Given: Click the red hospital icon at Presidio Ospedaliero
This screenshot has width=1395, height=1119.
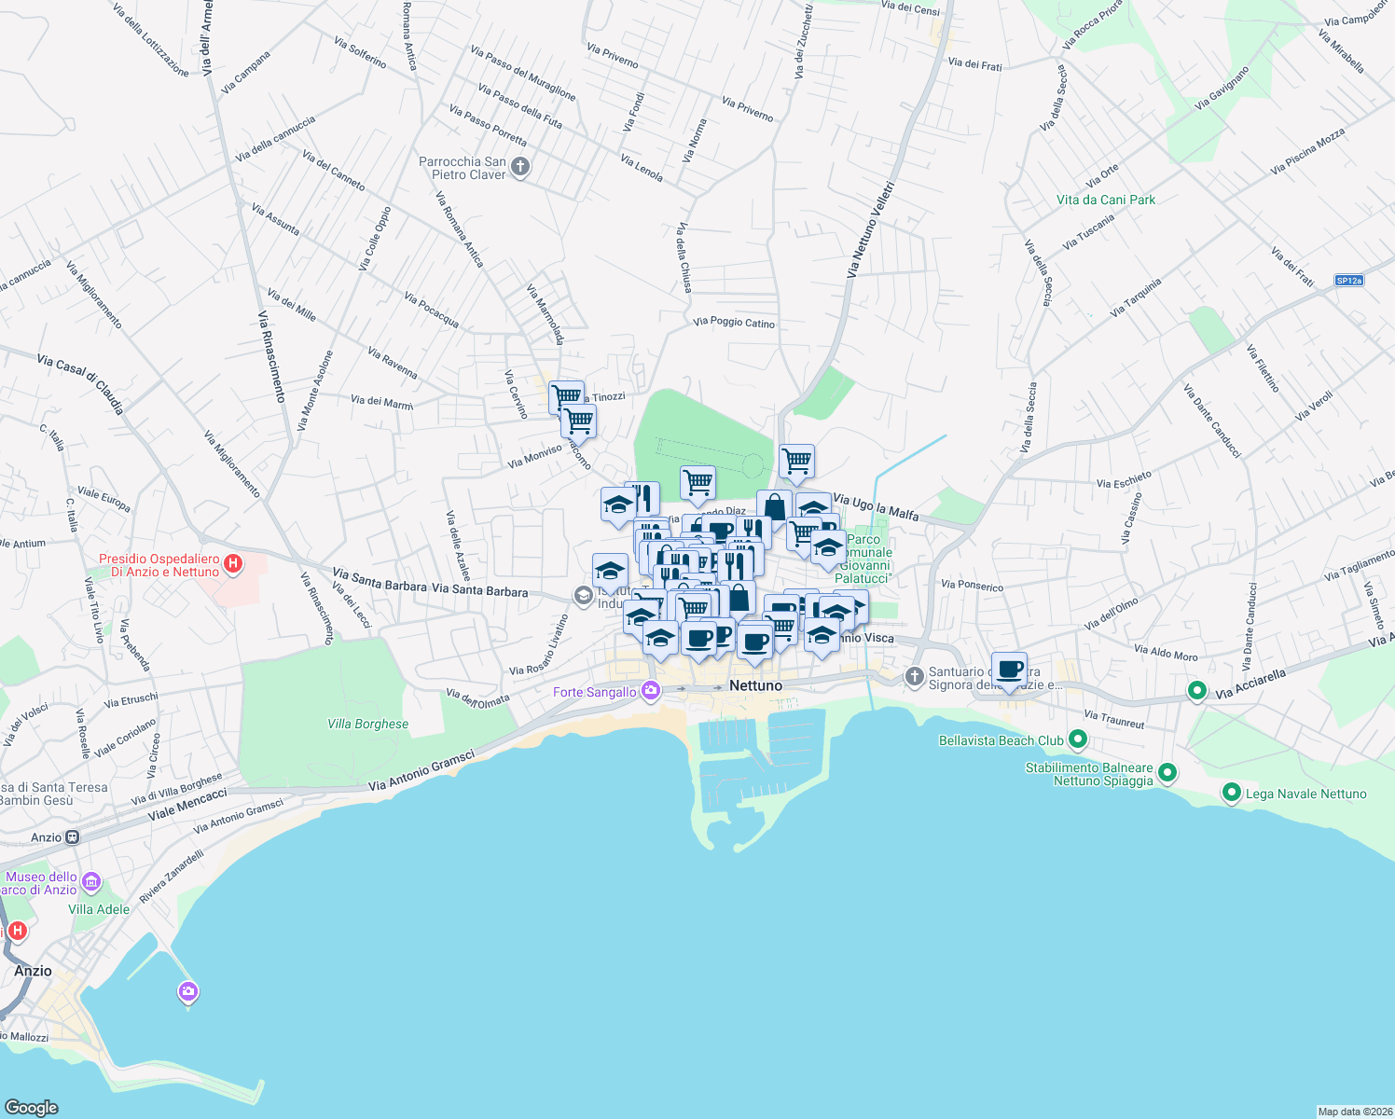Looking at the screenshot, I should point(234,564).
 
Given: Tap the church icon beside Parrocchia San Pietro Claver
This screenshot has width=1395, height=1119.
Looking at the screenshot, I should point(520,167).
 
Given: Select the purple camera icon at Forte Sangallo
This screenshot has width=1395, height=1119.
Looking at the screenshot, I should point(651,691).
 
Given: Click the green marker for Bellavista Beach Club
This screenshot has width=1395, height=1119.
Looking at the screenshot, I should point(1078,740).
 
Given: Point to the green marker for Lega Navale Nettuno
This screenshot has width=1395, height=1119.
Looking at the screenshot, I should point(1231,794).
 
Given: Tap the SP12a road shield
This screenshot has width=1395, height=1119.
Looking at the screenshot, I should point(1348,281).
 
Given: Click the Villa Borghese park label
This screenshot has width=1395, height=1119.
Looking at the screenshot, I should point(367,724).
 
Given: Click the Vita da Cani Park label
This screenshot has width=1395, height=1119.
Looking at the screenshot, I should point(1106,200).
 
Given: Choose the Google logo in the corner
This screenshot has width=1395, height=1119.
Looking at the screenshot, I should point(31,1107).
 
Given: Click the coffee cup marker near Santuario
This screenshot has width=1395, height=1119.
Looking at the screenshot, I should point(1009,670).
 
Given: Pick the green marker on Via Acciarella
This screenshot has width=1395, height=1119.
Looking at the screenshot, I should point(1196,691).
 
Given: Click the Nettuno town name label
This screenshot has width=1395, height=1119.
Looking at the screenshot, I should point(755,685).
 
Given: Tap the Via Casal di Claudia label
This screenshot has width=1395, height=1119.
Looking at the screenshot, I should point(80,383).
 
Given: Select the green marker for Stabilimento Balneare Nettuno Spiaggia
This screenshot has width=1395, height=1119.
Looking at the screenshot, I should point(1167,774).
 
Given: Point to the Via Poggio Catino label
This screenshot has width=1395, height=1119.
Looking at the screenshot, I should point(734,323).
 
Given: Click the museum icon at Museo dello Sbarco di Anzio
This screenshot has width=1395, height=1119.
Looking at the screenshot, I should point(90,881).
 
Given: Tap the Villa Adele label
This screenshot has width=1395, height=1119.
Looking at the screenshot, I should point(99,909).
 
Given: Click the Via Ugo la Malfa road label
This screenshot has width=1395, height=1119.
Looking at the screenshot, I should point(876,507).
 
